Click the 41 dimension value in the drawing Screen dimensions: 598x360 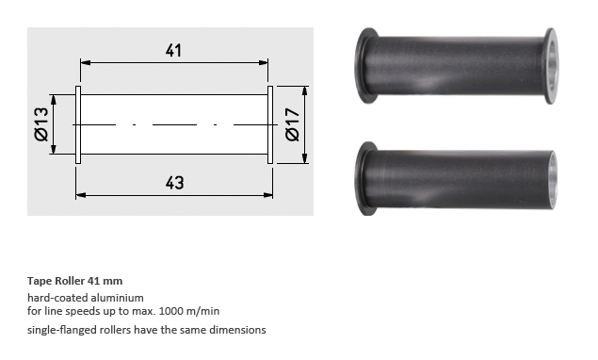tap(173, 50)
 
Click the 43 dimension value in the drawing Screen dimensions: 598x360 tap(174, 183)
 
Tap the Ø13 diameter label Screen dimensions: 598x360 tap(41, 124)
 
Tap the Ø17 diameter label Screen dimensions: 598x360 tap(293, 124)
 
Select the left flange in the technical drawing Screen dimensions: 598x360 tap(78, 124)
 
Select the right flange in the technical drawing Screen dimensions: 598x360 tap(270, 124)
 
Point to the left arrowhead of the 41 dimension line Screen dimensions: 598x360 tap(86, 62)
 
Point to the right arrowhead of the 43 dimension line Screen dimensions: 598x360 tap(268, 195)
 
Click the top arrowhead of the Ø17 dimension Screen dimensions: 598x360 tap(304, 91)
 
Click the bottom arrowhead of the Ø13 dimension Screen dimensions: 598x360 tap(53, 149)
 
